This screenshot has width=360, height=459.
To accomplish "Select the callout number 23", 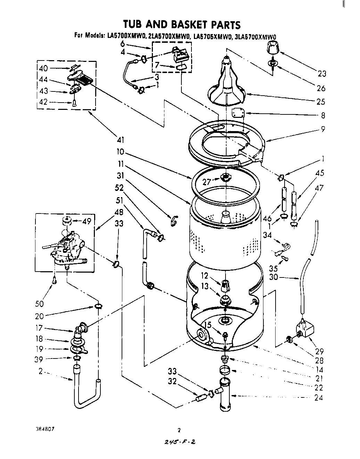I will [321, 73].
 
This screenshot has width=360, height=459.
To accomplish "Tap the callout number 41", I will [121, 140].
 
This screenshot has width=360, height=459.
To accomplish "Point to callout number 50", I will [39, 304].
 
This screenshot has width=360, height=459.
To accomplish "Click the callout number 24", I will [319, 398].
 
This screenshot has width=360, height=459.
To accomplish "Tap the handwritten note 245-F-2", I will [179, 442].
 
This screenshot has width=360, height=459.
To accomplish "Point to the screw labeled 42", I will [75, 103].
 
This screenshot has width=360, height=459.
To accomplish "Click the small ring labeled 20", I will [98, 306].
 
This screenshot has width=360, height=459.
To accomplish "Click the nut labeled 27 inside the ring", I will [226, 178].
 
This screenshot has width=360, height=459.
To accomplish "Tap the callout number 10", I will [121, 152].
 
